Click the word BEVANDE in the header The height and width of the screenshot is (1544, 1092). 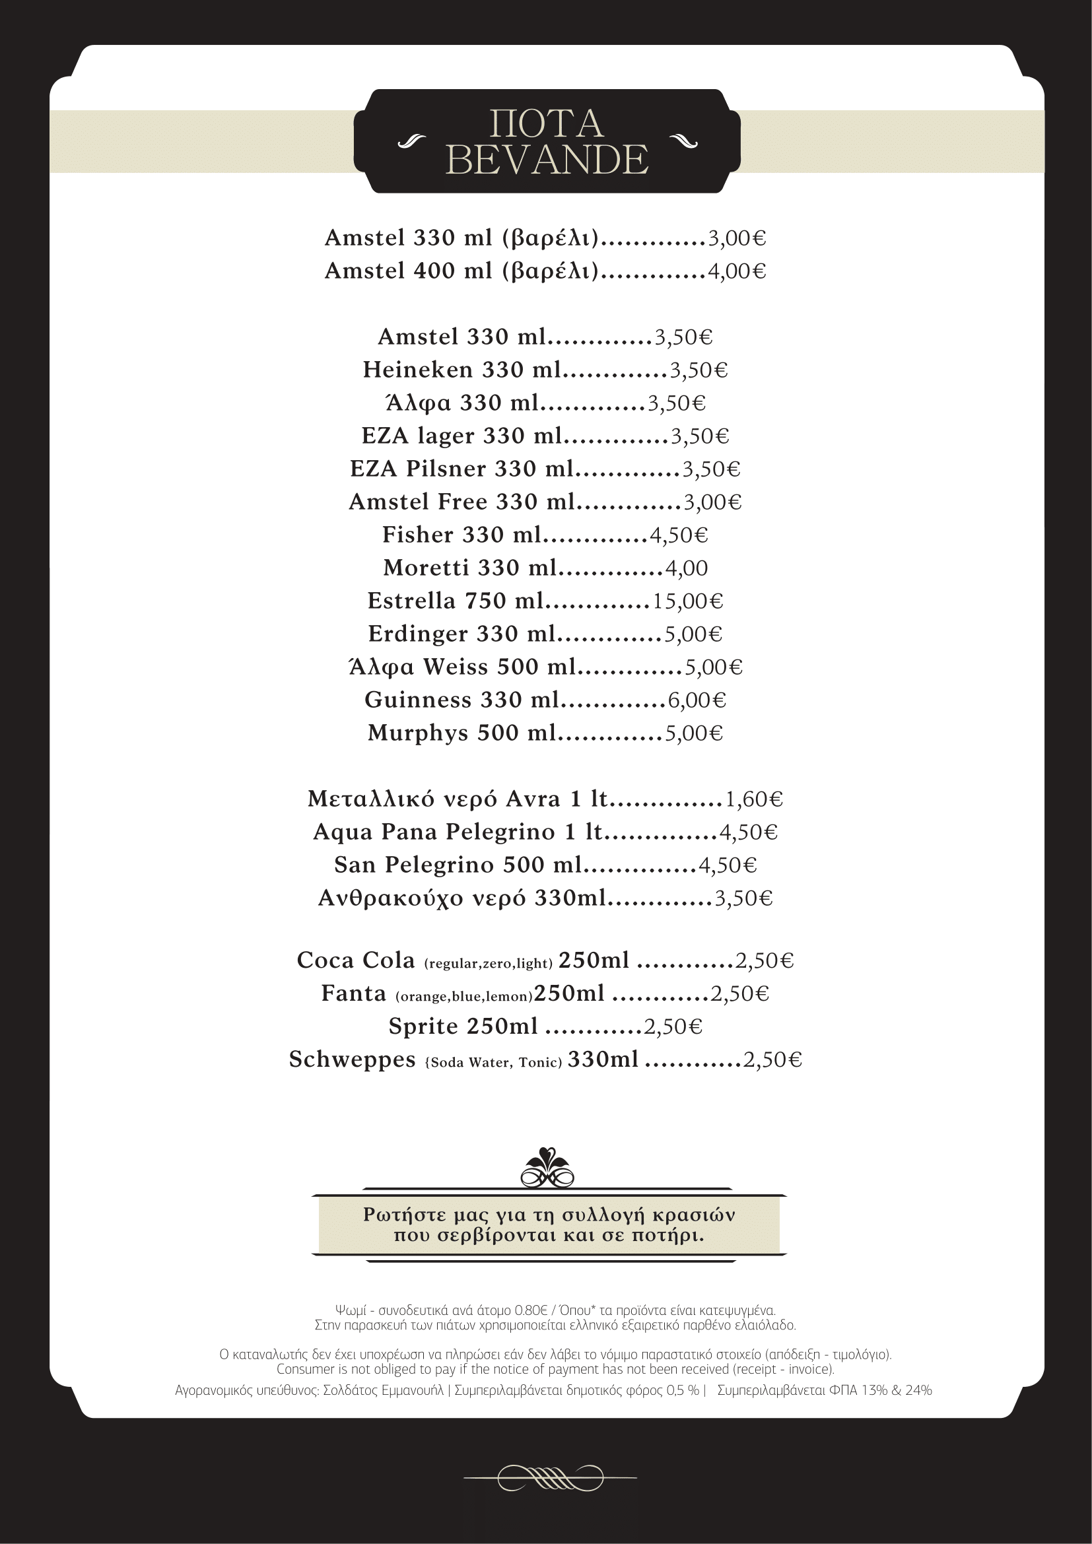[x=546, y=160]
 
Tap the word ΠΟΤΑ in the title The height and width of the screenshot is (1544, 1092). [x=546, y=123]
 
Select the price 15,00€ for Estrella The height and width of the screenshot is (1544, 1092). [x=687, y=601]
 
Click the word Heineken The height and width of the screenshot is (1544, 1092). [x=417, y=370]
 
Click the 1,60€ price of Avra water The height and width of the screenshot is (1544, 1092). [x=753, y=799]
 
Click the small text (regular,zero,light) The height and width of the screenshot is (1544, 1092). [x=488, y=964]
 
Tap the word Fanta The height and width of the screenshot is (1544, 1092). [x=354, y=993]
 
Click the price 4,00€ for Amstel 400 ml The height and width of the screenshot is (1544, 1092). [x=736, y=271]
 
